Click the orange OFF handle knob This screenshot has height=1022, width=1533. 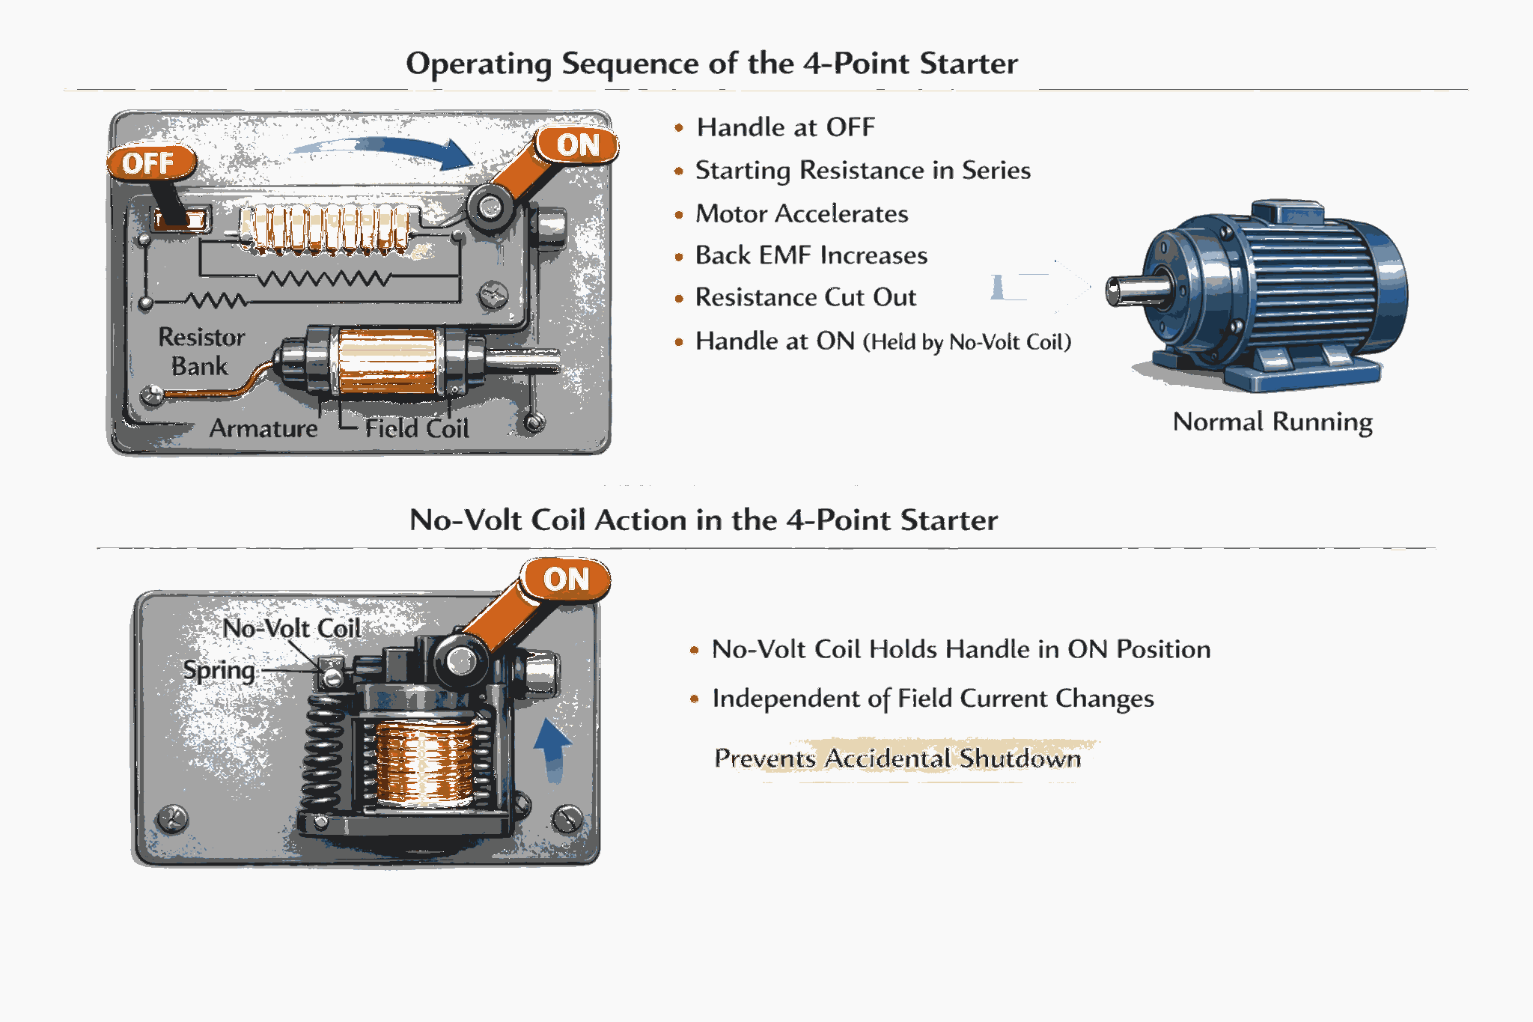[150, 162]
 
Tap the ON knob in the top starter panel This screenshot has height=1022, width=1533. [577, 145]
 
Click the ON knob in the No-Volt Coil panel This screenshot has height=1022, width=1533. [566, 579]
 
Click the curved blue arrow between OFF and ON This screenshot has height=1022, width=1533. [389, 150]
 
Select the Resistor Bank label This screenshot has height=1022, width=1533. [201, 351]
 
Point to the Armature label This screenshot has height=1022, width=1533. [263, 428]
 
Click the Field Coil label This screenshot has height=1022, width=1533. [417, 428]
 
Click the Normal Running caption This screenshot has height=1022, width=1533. [1272, 422]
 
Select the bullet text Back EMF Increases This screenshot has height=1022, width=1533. [811, 255]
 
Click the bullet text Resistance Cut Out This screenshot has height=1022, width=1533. [805, 297]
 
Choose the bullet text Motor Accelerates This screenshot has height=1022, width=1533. [801, 214]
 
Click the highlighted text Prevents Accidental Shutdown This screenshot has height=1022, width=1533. [897, 758]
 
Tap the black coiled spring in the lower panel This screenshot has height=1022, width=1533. [323, 756]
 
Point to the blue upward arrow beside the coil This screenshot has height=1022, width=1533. [552, 749]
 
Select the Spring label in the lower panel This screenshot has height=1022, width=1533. [219, 670]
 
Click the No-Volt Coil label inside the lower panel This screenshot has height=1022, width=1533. [291, 627]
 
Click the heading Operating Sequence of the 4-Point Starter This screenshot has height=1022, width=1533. [711, 64]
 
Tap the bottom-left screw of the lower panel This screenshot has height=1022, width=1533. [172, 818]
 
